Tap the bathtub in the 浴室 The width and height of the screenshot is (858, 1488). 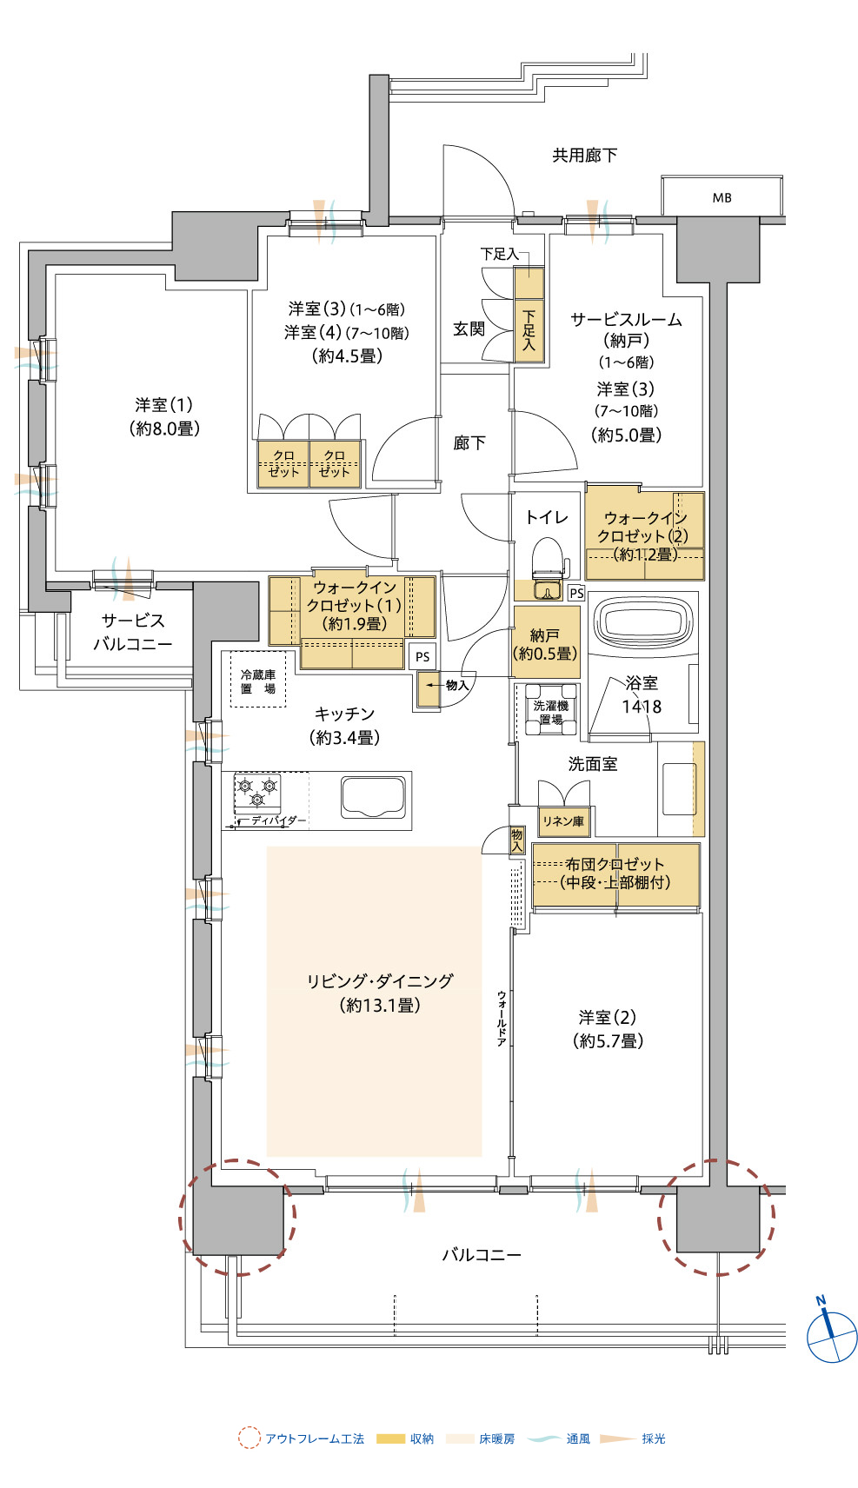pos(642,621)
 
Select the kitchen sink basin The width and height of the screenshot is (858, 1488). pos(373,797)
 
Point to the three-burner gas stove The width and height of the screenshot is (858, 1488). pos(257,793)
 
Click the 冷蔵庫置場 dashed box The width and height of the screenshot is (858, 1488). pos(258,679)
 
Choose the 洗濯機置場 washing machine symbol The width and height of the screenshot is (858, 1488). pos(551,708)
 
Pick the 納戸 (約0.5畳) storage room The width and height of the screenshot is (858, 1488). pos(546,643)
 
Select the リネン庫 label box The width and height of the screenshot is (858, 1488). pos(563,821)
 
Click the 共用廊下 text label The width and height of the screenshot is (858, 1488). pos(585,156)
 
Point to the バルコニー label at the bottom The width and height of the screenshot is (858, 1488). pos(482,1254)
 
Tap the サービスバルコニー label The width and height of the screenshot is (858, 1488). pos(133,632)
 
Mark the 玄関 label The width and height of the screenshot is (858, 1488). pos(469,329)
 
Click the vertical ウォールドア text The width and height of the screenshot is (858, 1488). pos(502,1019)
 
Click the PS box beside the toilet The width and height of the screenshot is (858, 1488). pos(576,593)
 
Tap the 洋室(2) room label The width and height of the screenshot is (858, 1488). pos(608,1028)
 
